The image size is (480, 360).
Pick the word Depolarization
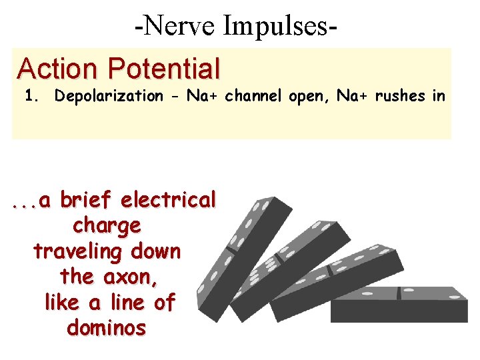click(x=109, y=96)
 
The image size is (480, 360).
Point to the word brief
click(x=88, y=199)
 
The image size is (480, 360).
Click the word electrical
click(x=169, y=199)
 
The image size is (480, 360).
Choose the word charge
click(x=107, y=226)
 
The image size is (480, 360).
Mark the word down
click(x=155, y=251)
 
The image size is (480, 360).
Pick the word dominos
click(x=106, y=328)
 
